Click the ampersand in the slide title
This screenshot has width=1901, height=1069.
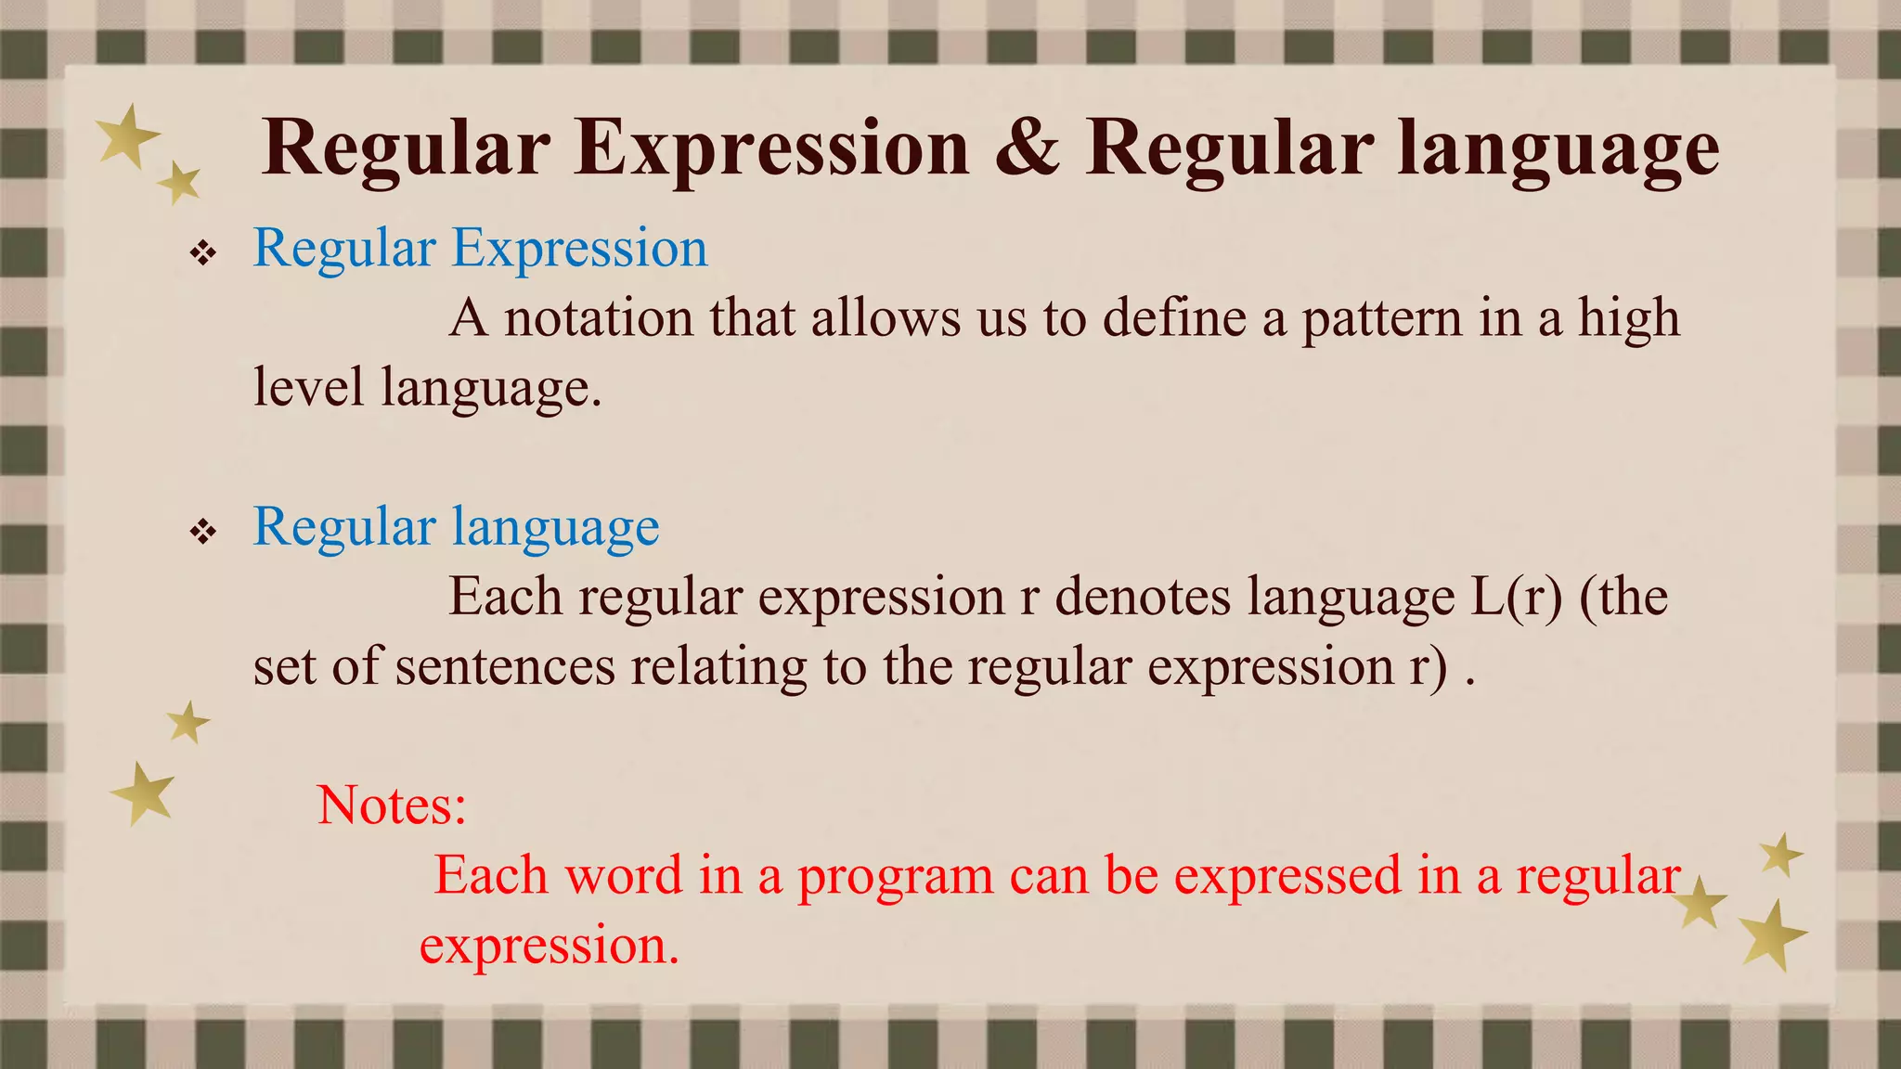[1027, 148]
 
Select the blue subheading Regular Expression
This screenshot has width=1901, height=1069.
[480, 249]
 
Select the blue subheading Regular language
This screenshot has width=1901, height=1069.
[456, 527]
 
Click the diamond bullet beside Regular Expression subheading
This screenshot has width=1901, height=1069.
[202, 252]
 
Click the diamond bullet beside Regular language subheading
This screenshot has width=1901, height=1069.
[202, 532]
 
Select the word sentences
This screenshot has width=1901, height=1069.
[505, 666]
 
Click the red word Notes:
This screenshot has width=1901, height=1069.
[391, 805]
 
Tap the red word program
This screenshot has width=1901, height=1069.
[895, 875]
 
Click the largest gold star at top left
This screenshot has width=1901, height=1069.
[128, 136]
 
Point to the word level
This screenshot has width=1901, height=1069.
[308, 388]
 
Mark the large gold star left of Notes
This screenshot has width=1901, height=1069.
[144, 793]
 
